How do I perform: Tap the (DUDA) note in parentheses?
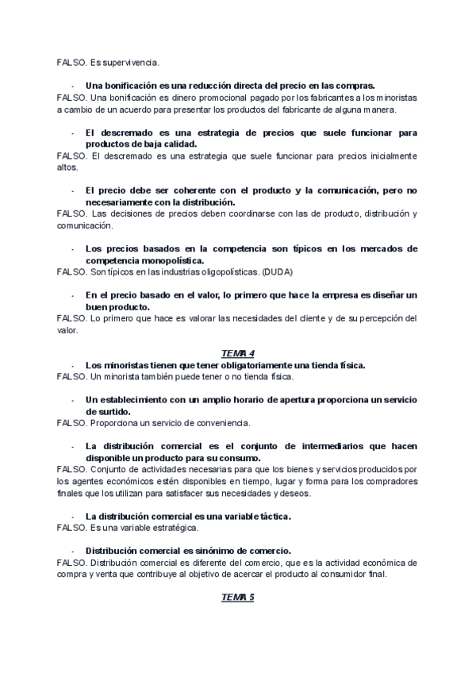278,272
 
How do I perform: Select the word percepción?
378,319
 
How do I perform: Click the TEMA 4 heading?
237,353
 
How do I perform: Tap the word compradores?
393,482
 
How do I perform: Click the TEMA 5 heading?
237,597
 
